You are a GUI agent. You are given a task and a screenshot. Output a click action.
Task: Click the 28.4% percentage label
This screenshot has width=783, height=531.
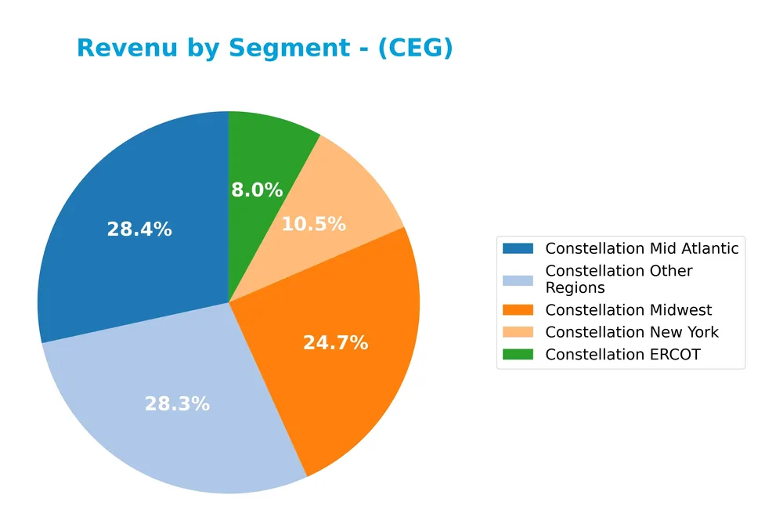coord(139,229)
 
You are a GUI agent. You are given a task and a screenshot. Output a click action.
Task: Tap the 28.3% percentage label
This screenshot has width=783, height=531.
coord(177,404)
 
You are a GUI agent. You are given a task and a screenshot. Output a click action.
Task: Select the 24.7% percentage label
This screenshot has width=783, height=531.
coord(335,343)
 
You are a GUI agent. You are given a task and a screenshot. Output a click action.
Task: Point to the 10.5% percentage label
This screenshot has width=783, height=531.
coord(313,224)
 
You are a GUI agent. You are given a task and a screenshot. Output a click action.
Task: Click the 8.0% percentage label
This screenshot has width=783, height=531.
coord(257,190)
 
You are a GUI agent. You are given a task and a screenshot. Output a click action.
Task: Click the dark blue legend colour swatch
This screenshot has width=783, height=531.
coord(518,248)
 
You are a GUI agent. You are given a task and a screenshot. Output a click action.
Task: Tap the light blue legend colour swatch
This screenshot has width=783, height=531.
coord(518,279)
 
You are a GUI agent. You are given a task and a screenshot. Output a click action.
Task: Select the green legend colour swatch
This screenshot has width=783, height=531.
coord(518,354)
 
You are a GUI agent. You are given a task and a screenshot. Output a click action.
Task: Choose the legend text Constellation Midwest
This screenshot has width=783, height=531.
coord(629,310)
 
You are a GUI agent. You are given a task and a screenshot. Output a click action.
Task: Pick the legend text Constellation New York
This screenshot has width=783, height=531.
coord(632,332)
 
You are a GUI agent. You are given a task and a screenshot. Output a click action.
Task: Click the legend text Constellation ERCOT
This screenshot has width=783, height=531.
coord(622,354)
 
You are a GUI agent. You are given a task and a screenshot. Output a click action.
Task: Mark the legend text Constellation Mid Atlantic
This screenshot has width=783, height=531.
coord(642,248)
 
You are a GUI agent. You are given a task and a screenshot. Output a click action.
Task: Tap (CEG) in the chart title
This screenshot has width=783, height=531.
coord(415,49)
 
